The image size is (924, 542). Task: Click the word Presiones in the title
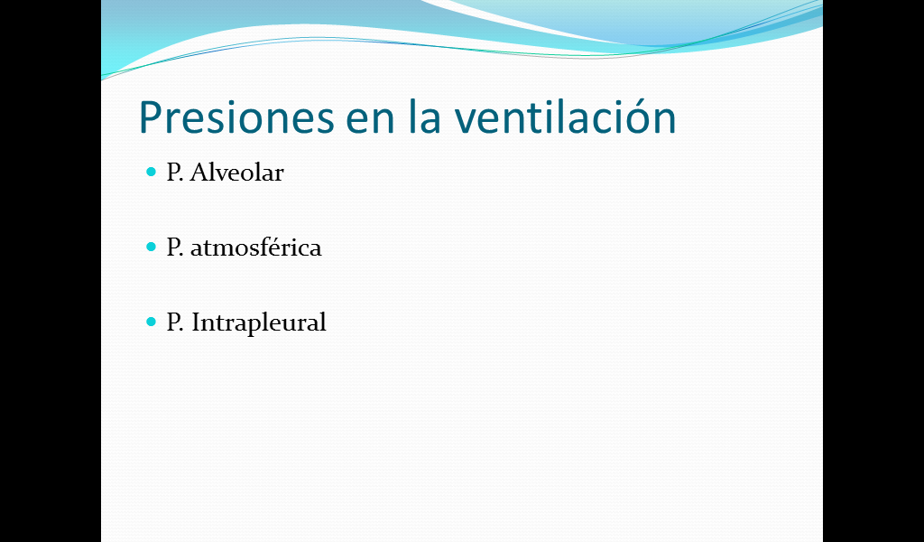tap(237, 117)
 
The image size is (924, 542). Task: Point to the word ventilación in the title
tap(565, 116)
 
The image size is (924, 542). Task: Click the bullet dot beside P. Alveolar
tap(152, 172)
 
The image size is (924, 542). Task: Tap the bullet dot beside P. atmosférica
tap(152, 247)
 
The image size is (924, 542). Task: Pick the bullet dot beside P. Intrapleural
tap(152, 322)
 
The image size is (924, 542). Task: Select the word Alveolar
tap(237, 173)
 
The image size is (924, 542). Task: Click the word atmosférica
tap(255, 247)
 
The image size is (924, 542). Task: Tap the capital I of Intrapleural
tap(196, 322)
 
